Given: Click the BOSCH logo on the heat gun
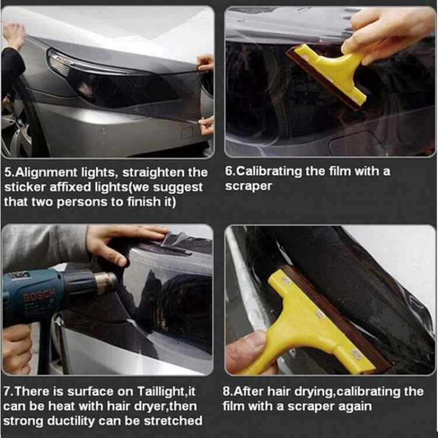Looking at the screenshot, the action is (x=39, y=297).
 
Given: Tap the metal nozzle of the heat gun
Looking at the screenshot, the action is (x=106, y=282).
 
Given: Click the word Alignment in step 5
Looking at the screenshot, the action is (x=46, y=173).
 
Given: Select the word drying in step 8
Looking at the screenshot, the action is (x=315, y=392).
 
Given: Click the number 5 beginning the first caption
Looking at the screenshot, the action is (x=8, y=172).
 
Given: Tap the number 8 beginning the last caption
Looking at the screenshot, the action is (x=227, y=391).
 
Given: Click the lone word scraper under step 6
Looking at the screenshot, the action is (x=249, y=186).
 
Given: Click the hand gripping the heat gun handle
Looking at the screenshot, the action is (x=16, y=349).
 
